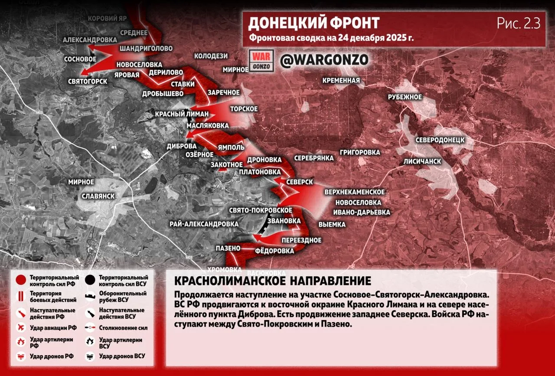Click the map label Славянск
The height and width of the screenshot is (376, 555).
(x=98, y=196)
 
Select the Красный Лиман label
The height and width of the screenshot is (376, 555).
(x=182, y=114)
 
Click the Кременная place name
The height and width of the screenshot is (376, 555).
(x=341, y=80)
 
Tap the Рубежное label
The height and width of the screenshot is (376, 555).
(x=405, y=97)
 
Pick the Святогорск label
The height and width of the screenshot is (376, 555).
(x=88, y=81)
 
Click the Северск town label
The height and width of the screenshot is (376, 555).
(x=300, y=182)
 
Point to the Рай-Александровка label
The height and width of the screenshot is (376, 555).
(x=204, y=224)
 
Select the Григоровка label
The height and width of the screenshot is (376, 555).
(x=360, y=152)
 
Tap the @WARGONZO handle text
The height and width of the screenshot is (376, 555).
(x=324, y=60)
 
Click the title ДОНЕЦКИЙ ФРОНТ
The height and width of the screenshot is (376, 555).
(x=313, y=23)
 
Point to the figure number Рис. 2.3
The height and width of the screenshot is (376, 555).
(x=518, y=23)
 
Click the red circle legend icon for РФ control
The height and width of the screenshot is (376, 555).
(x=20, y=280)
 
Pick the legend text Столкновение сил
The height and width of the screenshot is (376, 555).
(x=122, y=328)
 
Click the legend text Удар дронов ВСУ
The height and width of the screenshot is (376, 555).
(x=121, y=356)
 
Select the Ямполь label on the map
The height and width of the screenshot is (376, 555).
(x=232, y=147)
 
